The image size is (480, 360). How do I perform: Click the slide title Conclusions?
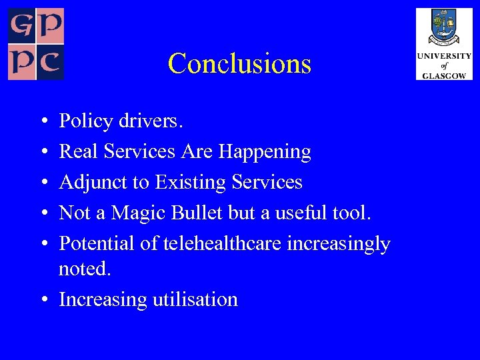(239, 64)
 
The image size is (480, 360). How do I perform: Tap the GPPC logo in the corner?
(36, 44)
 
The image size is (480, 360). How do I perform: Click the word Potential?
(97, 244)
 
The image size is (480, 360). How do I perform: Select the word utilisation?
(195, 299)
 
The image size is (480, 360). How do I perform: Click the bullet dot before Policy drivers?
(43, 122)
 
